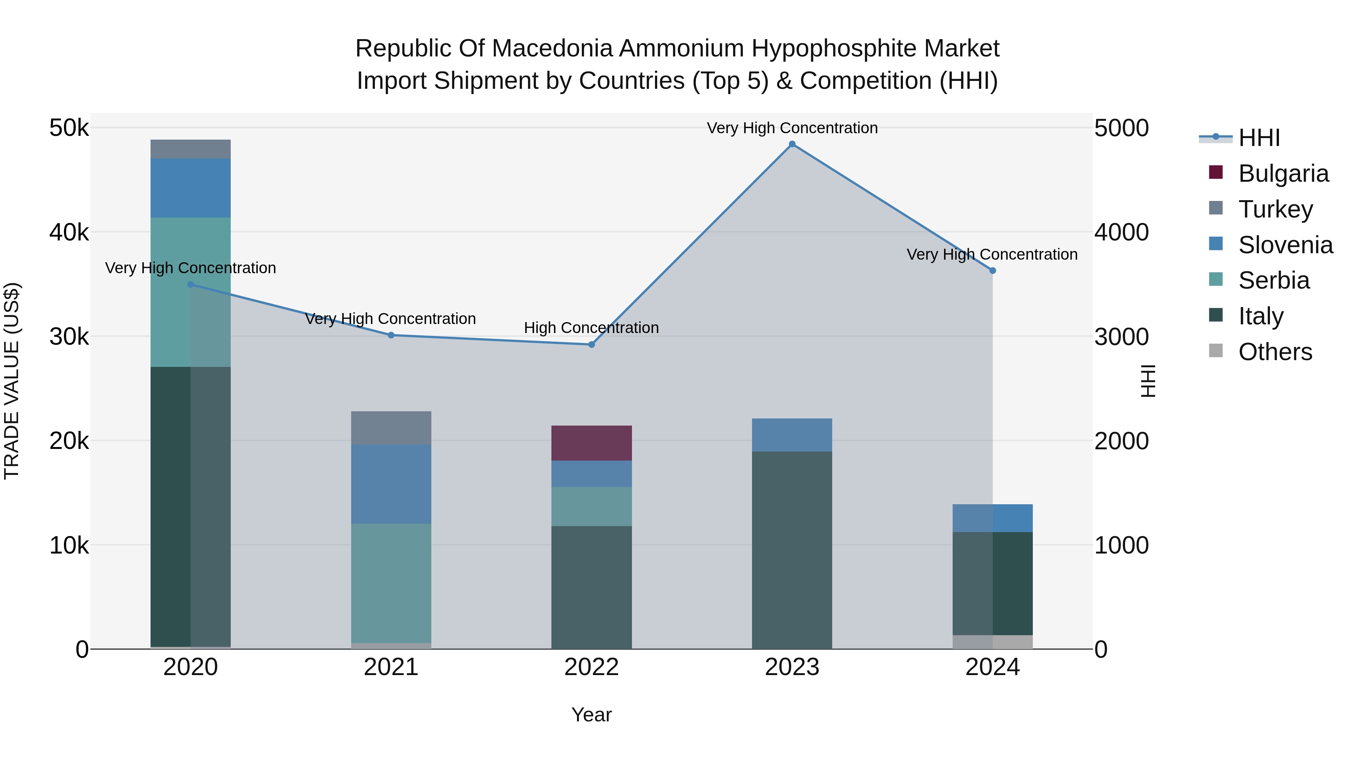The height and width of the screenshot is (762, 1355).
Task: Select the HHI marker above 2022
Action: click(x=591, y=344)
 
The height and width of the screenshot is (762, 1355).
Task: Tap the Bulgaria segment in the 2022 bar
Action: click(x=591, y=443)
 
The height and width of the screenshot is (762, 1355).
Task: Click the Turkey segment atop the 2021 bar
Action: click(x=391, y=427)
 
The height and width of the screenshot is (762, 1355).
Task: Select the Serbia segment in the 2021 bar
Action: click(x=391, y=583)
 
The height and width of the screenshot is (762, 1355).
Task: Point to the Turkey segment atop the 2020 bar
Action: click(x=190, y=149)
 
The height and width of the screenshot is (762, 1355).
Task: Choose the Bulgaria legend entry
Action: click(x=1283, y=173)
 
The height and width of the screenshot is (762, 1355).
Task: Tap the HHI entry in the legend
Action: click(x=1259, y=138)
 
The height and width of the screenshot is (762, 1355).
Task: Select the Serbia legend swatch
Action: click(x=1216, y=279)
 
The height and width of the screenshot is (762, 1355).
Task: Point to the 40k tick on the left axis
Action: click(x=69, y=232)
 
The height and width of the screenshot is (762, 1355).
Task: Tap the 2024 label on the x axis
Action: click(x=992, y=667)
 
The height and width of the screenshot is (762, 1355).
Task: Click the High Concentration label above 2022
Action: click(x=591, y=328)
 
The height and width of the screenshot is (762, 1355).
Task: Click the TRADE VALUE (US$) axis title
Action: click(x=12, y=381)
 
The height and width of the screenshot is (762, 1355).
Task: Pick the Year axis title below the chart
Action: click(x=591, y=715)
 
